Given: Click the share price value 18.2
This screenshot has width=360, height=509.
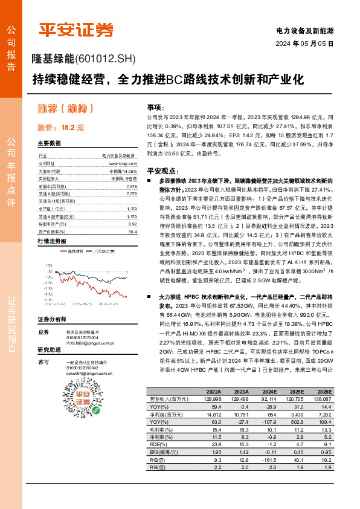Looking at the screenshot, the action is click(67, 128).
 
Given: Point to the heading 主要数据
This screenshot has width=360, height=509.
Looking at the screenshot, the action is click(49, 143).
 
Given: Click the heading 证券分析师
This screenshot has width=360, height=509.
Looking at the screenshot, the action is click(51, 319).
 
